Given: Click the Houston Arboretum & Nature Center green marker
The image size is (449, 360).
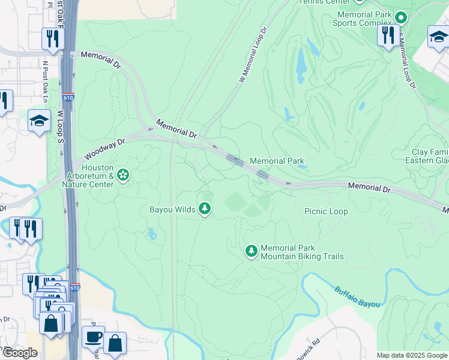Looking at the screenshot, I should coord(123,175).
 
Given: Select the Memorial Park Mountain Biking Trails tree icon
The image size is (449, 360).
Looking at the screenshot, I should coord(252,251).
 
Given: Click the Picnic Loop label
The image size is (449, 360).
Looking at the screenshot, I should coord(326,211).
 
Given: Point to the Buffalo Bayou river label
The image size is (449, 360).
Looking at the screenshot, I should coord(357,296).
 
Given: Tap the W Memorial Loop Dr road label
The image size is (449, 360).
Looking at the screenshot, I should coord(252,55).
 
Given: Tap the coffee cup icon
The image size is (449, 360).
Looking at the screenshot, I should coord(92,338).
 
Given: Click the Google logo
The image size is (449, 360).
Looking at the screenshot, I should coord(20,353).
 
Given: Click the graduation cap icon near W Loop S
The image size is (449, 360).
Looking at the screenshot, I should coord(39,121).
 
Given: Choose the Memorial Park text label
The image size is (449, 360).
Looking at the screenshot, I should coord(277,161).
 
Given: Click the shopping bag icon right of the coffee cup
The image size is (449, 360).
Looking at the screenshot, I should coord(115,344).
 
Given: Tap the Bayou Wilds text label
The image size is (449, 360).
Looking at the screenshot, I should coord(172,209).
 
